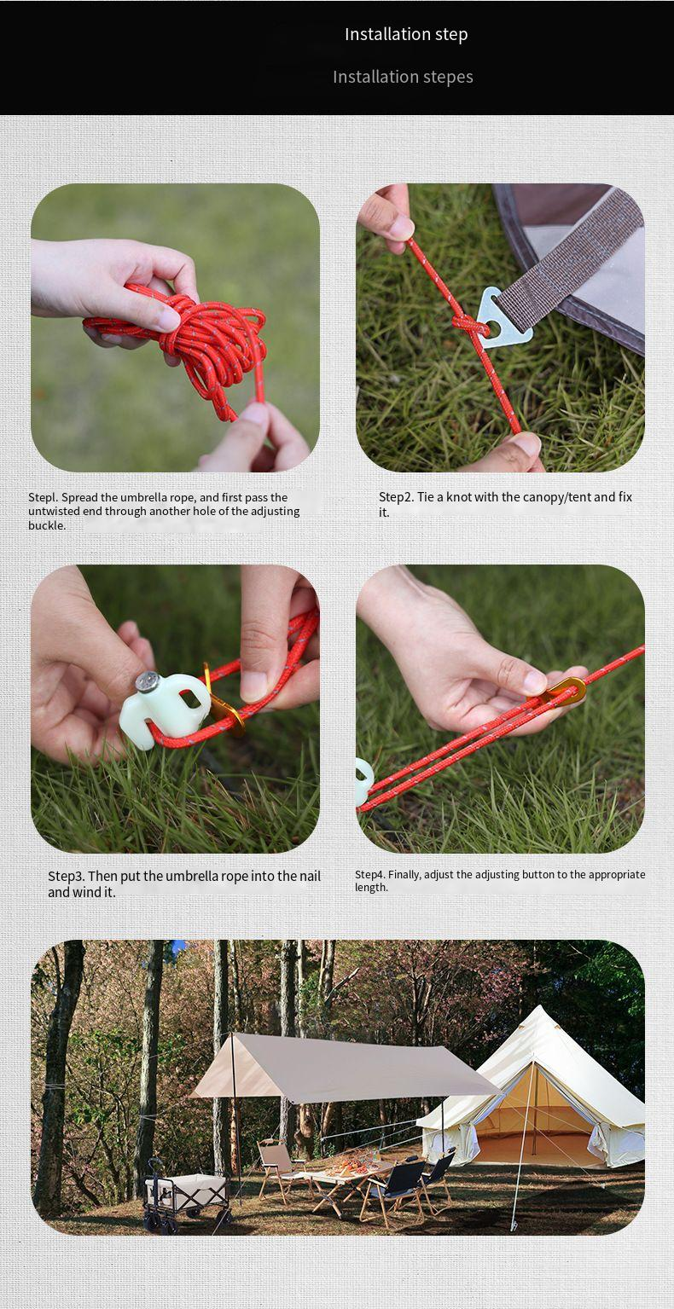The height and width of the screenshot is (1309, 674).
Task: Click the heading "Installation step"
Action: coord(406,34)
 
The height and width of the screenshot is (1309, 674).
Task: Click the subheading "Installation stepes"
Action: coord(403,77)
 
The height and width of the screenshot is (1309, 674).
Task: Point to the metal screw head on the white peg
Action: coord(147,682)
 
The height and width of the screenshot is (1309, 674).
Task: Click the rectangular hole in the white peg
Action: coord(189,698)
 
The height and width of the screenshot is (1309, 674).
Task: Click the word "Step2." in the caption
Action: coord(397,497)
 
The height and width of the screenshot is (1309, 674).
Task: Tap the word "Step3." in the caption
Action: coord(66,876)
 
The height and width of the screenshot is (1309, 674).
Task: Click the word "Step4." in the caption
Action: coord(369,875)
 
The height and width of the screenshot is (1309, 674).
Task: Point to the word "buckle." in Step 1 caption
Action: coord(47,525)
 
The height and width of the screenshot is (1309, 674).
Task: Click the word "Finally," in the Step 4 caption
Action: coord(404,875)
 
